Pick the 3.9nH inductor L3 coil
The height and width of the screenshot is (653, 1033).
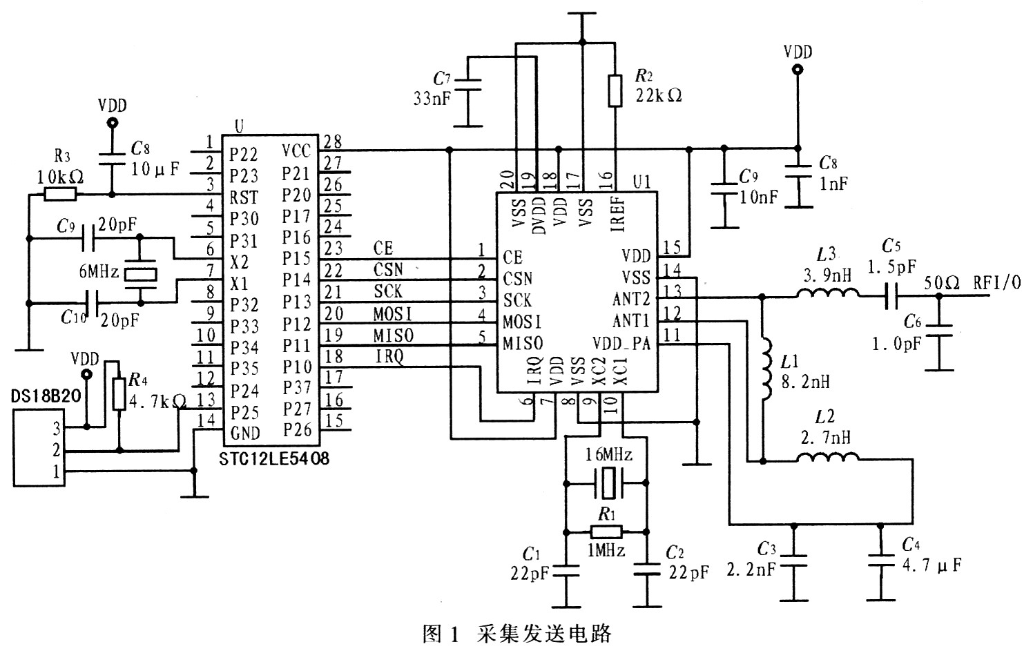click(x=828, y=296)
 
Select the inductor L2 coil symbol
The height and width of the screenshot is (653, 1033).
click(x=827, y=459)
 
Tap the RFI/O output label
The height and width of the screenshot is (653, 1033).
click(x=997, y=282)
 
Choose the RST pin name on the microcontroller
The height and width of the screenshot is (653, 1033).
click(x=244, y=198)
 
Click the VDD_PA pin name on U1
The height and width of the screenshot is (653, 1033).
click(x=621, y=343)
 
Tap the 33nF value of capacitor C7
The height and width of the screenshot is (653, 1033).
click(x=432, y=97)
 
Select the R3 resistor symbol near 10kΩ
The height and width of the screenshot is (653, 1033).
click(x=60, y=195)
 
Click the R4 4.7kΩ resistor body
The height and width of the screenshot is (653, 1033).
click(x=118, y=393)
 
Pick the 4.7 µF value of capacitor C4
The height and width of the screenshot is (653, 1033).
click(x=932, y=565)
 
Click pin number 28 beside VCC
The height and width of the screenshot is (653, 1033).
click(x=334, y=142)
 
